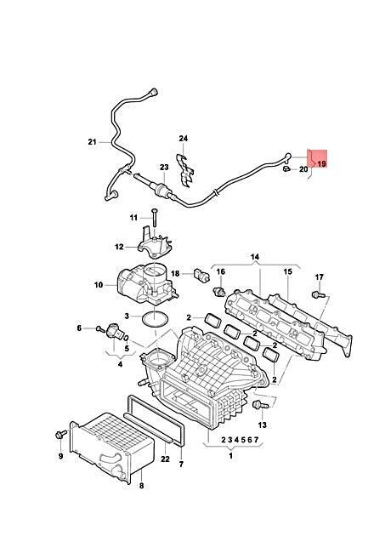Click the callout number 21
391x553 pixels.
click(92, 142)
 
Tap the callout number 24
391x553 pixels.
click(183, 138)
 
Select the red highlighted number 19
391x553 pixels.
click(321, 164)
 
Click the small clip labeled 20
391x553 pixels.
click(286, 169)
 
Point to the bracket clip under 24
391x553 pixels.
click(185, 169)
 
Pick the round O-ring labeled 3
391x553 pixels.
click(156, 318)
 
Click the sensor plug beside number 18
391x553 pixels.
click(201, 275)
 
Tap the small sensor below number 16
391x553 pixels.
click(218, 292)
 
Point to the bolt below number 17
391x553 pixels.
click(319, 294)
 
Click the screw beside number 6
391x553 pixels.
click(101, 329)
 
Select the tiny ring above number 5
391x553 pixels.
click(126, 339)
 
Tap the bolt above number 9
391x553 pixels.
click(61, 435)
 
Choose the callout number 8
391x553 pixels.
click(141, 486)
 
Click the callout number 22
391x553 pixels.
click(165, 459)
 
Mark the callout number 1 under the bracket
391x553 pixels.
click(230, 456)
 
